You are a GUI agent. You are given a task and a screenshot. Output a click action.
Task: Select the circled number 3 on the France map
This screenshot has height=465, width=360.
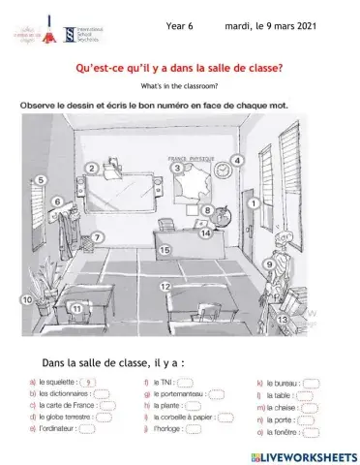(177, 168)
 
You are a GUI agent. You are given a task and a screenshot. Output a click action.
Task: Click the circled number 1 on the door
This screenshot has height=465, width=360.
(252, 203)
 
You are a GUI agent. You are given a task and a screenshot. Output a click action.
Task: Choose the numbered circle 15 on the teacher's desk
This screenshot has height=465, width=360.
(165, 250)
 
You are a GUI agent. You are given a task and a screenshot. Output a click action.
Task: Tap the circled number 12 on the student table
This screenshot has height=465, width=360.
(165, 286)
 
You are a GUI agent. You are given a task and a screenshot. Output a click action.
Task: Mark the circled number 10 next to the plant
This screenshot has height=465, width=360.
(27, 301)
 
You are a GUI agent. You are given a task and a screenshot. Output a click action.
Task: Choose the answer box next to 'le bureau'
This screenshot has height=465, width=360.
(308, 383)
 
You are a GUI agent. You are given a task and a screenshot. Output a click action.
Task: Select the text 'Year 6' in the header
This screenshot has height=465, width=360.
(181, 28)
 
